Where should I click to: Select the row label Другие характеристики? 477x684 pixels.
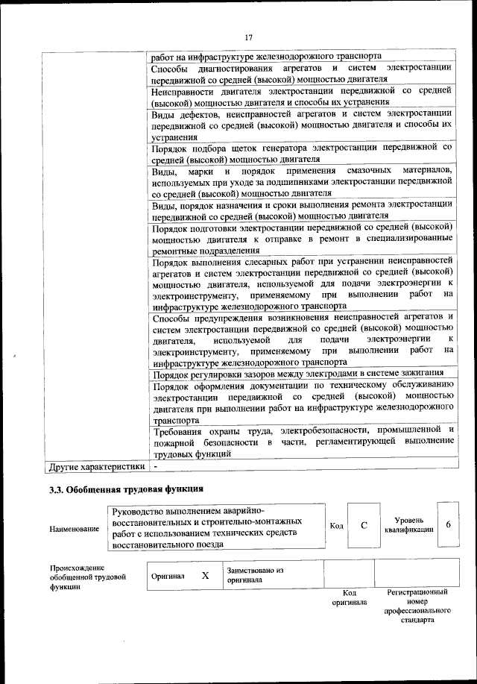pyautogui.click(x=96, y=467)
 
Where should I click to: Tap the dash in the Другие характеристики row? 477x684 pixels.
pyautogui.click(x=156, y=467)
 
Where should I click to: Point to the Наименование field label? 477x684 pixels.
pyautogui.click(x=75, y=529)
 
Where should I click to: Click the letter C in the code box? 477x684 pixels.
pyautogui.click(x=364, y=525)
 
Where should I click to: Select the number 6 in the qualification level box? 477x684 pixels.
pyautogui.click(x=448, y=524)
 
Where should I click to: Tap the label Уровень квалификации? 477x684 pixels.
pyautogui.click(x=408, y=525)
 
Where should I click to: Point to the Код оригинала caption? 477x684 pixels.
pyautogui.click(x=349, y=597)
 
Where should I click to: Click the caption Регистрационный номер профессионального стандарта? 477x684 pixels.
pyautogui.click(x=417, y=605)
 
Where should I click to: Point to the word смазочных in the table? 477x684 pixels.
pyautogui.click(x=368, y=171)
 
